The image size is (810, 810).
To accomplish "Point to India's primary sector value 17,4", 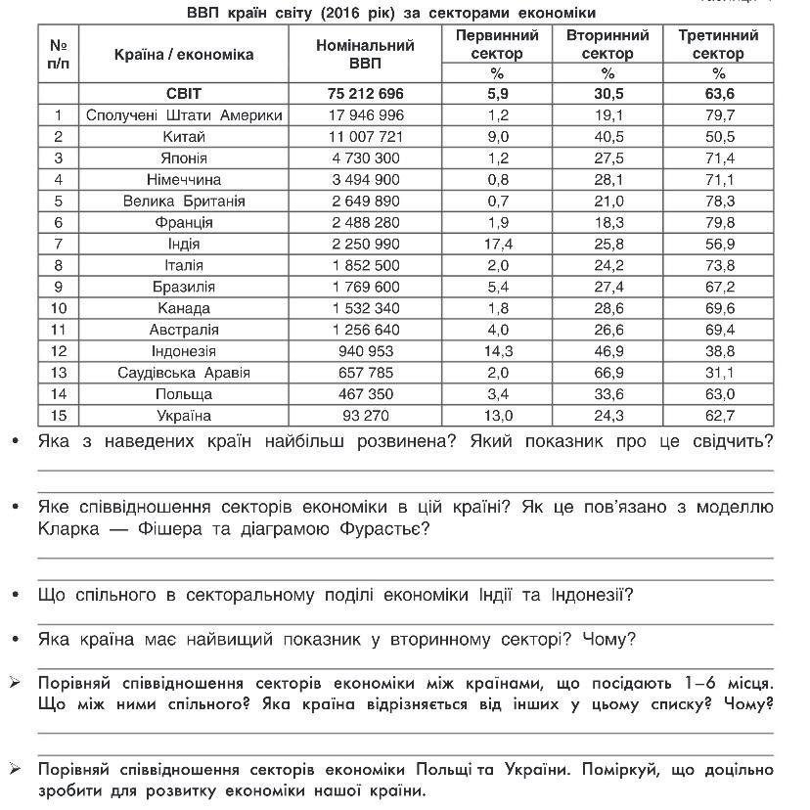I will pyautogui.click(x=497, y=244).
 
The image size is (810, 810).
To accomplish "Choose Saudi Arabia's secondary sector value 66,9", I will pyautogui.click(x=607, y=373).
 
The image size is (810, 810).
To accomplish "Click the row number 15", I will pyautogui.click(x=59, y=416).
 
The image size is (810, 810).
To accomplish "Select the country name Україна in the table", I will pyautogui.click(x=184, y=416).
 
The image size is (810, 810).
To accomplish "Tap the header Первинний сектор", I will pyautogui.click(x=497, y=44).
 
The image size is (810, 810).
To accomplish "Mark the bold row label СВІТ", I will pyautogui.click(x=184, y=94).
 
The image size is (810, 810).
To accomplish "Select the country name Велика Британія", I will pyautogui.click(x=184, y=202).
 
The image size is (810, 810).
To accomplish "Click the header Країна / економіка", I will pyautogui.click(x=184, y=54).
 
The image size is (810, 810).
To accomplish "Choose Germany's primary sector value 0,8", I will pyautogui.click(x=497, y=180).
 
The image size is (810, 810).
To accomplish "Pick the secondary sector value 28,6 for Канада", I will pyautogui.click(x=607, y=308).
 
